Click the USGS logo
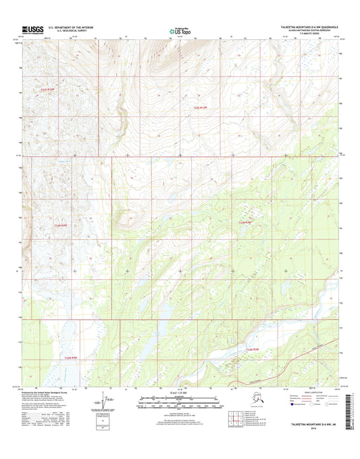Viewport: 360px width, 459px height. (32, 29)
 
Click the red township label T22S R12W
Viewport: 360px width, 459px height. (203, 107)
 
